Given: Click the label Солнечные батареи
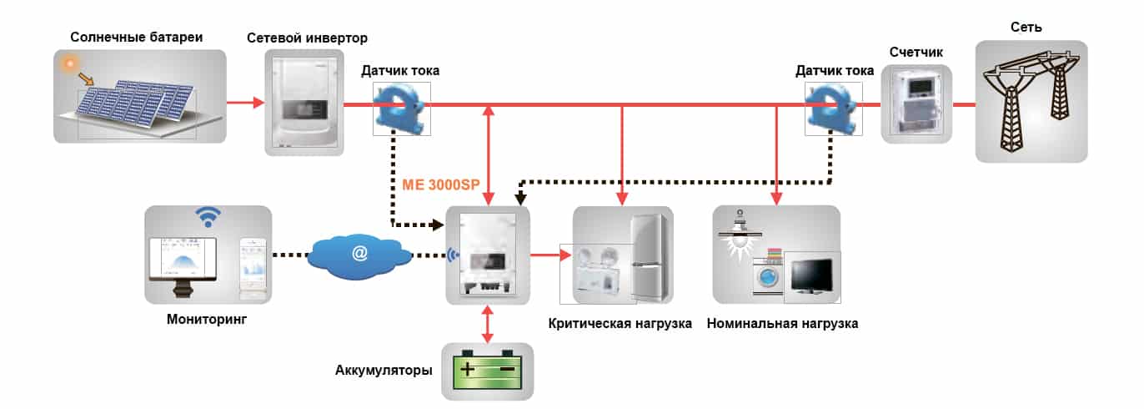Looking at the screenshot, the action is (x=137, y=38).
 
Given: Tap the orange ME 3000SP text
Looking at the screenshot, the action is (x=441, y=184).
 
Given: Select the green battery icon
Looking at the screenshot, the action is (x=487, y=370).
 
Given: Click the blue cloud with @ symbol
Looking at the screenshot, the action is (x=359, y=254).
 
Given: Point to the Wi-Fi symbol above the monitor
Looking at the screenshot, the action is (x=208, y=217).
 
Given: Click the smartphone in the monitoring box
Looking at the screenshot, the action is (x=253, y=267).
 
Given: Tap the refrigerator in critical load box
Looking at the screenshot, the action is (x=649, y=258).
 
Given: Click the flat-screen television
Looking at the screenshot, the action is (x=812, y=276).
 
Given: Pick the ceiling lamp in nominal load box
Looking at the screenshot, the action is (x=740, y=235).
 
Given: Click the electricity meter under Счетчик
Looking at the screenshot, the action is (x=917, y=104).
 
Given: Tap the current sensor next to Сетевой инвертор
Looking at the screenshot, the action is (x=400, y=109).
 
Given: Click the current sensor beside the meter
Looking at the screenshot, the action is (x=833, y=109).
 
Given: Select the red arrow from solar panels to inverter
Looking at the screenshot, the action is (x=245, y=102).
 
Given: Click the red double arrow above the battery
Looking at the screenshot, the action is (x=488, y=324).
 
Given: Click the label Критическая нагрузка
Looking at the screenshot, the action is (x=620, y=324).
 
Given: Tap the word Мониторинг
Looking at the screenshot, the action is (x=207, y=320).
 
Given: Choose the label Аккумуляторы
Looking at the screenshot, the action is (x=384, y=370).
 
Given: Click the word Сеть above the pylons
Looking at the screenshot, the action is (x=1026, y=27).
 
